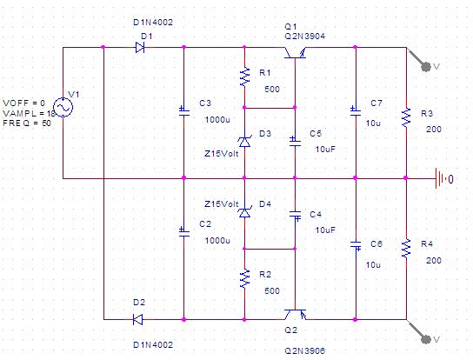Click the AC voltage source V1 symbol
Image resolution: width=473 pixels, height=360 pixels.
click(63, 108)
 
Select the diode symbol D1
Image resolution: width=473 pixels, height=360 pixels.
click(140, 47)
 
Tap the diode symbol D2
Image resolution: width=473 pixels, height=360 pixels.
click(138, 319)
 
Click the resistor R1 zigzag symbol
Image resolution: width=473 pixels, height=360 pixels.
click(244, 77)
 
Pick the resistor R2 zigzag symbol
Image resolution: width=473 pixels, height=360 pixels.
click(244, 278)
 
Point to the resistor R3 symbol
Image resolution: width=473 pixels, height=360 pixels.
click(406, 117)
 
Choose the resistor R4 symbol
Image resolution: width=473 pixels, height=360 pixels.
click(406, 248)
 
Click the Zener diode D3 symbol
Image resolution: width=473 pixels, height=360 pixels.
click(244, 142)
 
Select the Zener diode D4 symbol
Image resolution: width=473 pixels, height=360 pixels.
click(244, 212)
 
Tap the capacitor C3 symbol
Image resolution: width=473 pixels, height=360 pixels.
click(184, 110)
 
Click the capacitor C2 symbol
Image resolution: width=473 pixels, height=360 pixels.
click(184, 232)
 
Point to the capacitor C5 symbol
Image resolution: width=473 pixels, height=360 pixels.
click(295, 141)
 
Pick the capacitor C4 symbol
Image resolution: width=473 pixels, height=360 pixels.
click(295, 215)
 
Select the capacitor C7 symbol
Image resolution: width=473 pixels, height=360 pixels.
click(356, 110)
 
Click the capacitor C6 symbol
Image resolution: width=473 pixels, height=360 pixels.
click(356, 245)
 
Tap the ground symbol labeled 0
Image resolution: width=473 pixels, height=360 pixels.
click(440, 178)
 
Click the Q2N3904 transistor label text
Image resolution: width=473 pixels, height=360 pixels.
click(304, 37)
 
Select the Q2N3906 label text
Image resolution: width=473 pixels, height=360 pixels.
click(304, 350)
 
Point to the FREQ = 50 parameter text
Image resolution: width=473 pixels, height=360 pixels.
click(27, 123)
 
